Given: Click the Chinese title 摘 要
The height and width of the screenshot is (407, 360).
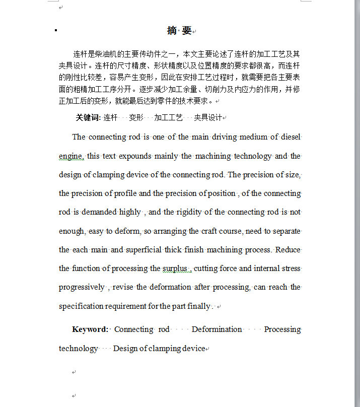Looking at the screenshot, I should coord(179,31).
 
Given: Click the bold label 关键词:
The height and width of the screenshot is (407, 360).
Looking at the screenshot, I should coord(89,118).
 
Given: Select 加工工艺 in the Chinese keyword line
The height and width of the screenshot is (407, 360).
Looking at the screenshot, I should coord(168,118).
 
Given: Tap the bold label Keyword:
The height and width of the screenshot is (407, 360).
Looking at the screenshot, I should coord(90,329).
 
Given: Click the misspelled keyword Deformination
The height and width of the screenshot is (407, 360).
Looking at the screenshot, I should coord(217,329).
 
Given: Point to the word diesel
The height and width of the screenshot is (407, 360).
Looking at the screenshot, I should coord(291,137).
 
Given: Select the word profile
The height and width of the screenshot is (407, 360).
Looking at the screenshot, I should coord(122,193).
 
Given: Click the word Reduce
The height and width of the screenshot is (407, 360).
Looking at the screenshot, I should coord(287,250).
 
